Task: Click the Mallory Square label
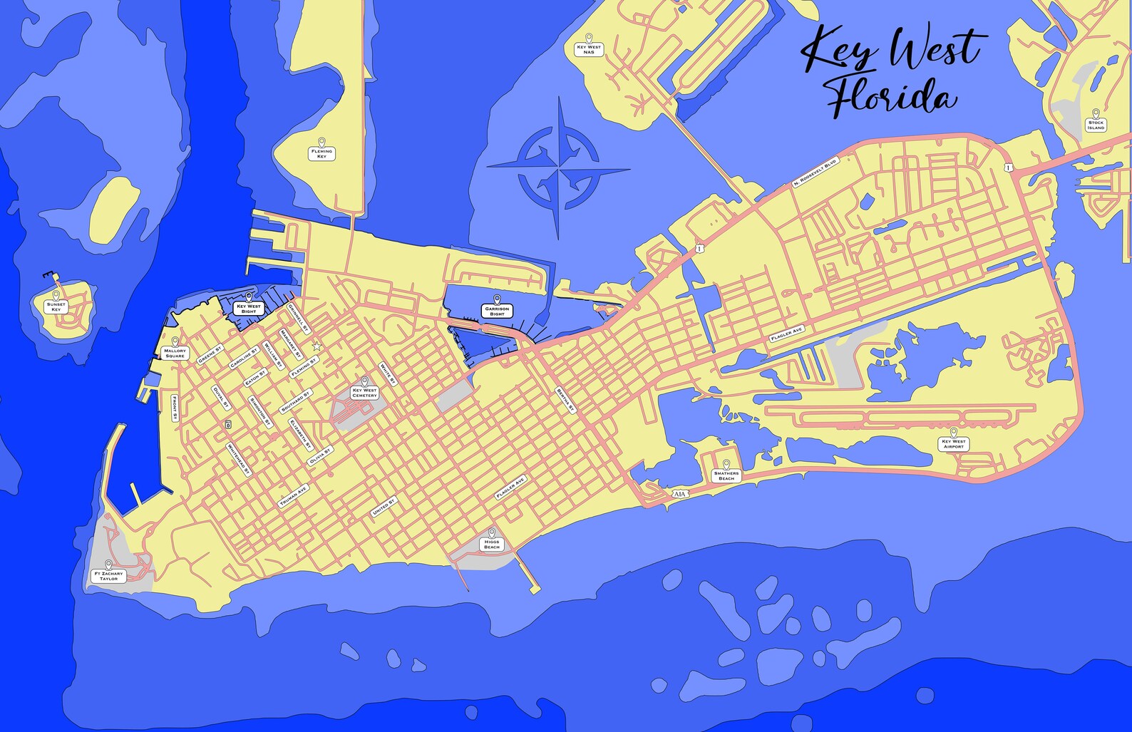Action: pos(175,353)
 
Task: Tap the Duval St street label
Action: pos(221,397)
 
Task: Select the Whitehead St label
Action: pos(238,459)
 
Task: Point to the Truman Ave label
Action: pos(293,496)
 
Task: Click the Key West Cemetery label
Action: pos(364,393)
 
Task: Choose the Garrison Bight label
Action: pos(497,311)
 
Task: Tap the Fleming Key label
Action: pos(321,153)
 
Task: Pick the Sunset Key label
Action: pos(56,306)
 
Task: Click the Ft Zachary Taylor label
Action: pos(108,575)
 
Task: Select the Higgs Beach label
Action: pos(492,544)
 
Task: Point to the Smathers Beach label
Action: pos(726,475)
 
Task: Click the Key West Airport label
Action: pos(953,443)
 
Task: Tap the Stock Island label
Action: pos(1096,125)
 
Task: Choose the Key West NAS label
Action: pos(589,49)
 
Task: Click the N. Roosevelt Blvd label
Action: pos(815,172)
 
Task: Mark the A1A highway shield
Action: pos(679,494)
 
